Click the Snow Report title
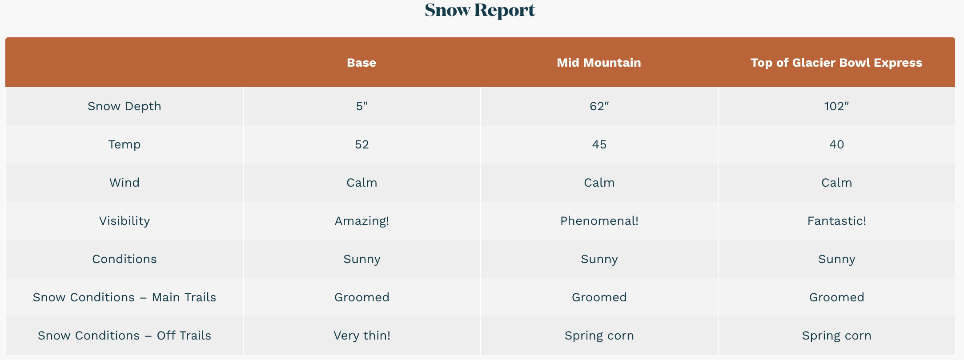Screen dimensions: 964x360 (x=480, y=10)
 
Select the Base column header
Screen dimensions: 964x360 (x=361, y=62)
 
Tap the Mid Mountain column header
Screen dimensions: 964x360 (x=599, y=62)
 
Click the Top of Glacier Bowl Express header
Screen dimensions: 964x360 (x=836, y=63)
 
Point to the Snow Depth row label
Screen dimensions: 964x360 (x=125, y=106)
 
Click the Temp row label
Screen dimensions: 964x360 (x=125, y=144)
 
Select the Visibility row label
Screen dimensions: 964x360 (x=125, y=221)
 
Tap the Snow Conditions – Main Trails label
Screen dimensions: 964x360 (x=125, y=297)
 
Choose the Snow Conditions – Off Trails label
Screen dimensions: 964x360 (x=125, y=336)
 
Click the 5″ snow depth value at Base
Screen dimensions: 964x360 (x=362, y=106)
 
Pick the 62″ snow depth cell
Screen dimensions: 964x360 (x=599, y=106)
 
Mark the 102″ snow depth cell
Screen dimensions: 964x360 (x=837, y=106)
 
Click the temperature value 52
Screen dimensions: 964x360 (x=362, y=144)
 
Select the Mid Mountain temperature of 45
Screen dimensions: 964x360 (x=599, y=144)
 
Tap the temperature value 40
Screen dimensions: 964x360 (x=837, y=144)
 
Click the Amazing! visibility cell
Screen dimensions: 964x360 (x=362, y=221)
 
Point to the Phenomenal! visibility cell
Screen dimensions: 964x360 (x=599, y=221)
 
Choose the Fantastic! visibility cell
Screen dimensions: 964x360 (x=837, y=221)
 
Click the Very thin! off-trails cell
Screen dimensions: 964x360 (x=362, y=336)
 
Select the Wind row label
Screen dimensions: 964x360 (x=125, y=183)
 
